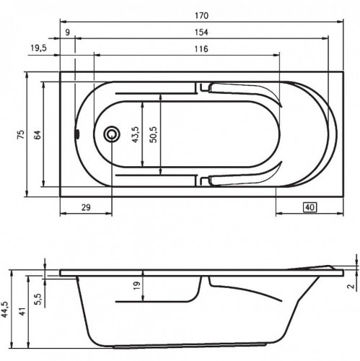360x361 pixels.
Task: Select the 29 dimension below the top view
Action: (x=85, y=207)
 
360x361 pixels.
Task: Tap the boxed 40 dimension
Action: (x=309, y=207)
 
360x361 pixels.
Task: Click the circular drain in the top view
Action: (x=112, y=134)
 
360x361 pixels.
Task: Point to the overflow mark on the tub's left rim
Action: (x=77, y=134)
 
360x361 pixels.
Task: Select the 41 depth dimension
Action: (x=22, y=312)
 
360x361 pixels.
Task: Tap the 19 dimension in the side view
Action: (x=136, y=287)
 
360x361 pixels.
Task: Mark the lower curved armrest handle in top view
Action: (x=245, y=178)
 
